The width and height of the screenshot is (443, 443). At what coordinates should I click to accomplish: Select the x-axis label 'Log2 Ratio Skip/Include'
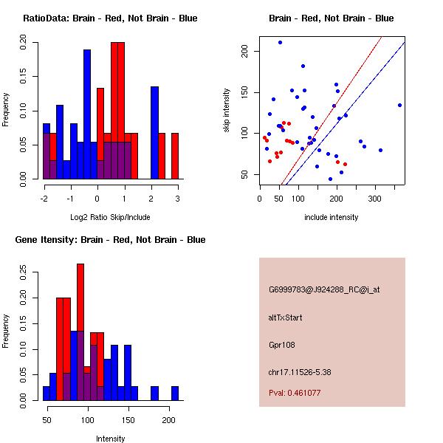(x=110, y=217)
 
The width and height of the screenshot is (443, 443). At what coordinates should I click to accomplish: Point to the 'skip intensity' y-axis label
(x=227, y=111)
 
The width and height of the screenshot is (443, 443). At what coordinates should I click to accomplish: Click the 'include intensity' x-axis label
(x=332, y=217)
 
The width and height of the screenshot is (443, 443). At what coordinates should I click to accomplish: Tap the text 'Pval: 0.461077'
(x=300, y=394)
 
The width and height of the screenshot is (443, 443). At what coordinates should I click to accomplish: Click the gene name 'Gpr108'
(x=281, y=344)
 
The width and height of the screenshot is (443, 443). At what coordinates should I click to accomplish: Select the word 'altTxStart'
(x=285, y=317)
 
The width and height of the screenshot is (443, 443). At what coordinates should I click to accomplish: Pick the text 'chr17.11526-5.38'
(x=300, y=371)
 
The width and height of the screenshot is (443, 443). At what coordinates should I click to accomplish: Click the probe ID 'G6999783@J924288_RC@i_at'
(x=324, y=289)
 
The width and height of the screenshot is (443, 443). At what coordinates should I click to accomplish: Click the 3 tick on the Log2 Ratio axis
(x=177, y=198)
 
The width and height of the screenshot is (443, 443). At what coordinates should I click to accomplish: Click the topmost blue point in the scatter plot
(x=280, y=42)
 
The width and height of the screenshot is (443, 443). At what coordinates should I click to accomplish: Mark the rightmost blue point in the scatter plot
(x=399, y=105)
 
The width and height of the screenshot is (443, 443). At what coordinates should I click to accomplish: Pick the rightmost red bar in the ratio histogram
(x=175, y=156)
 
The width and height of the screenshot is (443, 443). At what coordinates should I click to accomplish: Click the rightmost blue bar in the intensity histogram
(x=175, y=393)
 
